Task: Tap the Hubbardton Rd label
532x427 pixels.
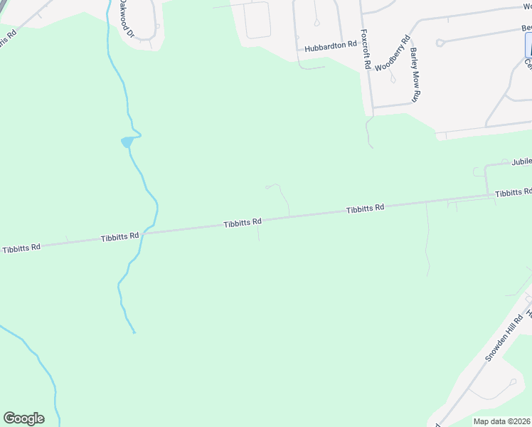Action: (330, 46)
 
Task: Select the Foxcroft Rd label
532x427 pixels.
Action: (366, 48)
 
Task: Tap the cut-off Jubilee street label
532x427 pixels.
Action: (521, 162)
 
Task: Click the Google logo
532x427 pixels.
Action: (23, 418)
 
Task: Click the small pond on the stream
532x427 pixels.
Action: (127, 142)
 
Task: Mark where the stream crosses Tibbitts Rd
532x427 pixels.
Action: (142, 233)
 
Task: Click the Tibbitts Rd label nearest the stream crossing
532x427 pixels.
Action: (119, 236)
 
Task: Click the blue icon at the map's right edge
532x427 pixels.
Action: (528, 46)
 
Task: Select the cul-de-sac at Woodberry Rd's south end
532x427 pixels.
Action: (393, 79)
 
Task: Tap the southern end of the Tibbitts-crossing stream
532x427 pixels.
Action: (134, 332)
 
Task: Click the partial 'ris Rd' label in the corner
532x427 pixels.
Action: (8, 38)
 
